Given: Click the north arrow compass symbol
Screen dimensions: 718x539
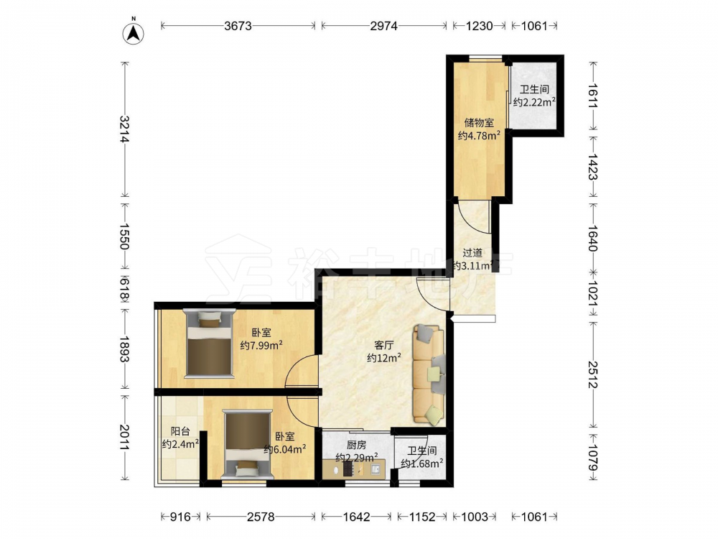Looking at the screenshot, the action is [x=134, y=32].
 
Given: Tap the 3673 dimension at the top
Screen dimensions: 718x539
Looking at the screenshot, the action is [x=238, y=26].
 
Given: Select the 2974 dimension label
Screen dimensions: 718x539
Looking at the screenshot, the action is [x=383, y=26].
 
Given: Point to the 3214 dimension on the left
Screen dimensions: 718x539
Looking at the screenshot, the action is [x=124, y=129].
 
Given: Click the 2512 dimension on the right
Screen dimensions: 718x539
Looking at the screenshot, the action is [x=593, y=374].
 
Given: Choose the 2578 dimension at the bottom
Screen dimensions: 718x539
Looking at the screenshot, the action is [x=261, y=517].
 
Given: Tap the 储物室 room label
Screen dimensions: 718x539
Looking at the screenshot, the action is [x=479, y=123].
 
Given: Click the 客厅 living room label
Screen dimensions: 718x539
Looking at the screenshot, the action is [x=383, y=345].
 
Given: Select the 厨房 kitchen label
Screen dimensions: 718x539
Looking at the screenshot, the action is [x=356, y=445].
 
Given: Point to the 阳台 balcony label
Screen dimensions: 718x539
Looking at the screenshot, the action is [x=180, y=431].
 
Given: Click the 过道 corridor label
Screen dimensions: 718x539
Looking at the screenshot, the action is [x=472, y=252].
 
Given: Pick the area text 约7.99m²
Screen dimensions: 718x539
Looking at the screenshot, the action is [x=261, y=345].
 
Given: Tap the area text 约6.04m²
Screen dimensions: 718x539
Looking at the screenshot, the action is [x=285, y=449].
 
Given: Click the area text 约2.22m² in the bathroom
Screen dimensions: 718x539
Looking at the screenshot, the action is [x=534, y=102].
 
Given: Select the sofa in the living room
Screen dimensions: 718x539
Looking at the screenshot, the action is [x=429, y=374].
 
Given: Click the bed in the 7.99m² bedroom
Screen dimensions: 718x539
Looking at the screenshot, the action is [x=209, y=344].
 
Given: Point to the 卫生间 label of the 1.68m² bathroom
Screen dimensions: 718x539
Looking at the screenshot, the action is [x=421, y=451].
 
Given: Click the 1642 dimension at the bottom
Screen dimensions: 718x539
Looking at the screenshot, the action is [x=356, y=517].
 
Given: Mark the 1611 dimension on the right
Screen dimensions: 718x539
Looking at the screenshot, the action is [x=593, y=96].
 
